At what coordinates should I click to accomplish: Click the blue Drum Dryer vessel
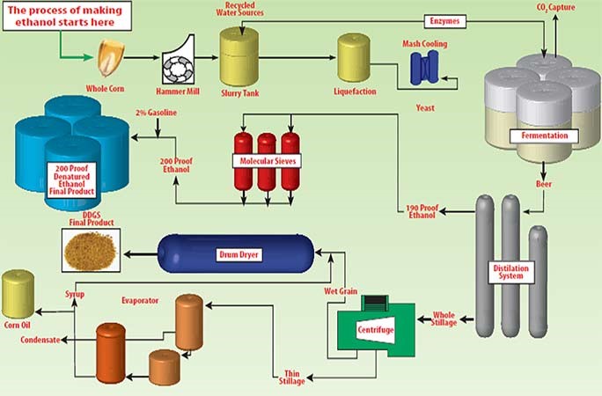pos(228,253)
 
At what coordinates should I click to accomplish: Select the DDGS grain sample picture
pos(92,252)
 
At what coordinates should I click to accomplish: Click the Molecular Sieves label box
pos(265,161)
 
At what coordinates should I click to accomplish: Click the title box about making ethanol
pos(66,14)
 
